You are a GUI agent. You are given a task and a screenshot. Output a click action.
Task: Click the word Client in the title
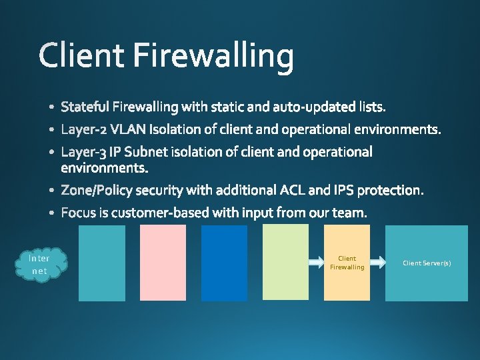click(81, 55)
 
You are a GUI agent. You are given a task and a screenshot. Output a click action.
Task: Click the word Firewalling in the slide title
click(213, 57)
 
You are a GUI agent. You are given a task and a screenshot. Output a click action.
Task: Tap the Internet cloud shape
click(40, 264)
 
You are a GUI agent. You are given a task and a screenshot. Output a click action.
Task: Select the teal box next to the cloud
click(102, 263)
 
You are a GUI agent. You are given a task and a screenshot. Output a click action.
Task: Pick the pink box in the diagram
click(163, 263)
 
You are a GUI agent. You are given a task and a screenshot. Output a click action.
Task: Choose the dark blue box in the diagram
click(224, 263)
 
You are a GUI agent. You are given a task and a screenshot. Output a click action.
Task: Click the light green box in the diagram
click(286, 263)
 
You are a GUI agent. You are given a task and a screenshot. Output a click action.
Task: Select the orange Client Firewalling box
click(347, 263)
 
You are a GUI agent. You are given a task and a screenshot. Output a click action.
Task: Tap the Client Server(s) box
click(427, 263)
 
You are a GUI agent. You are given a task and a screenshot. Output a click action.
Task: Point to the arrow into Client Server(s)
click(378, 263)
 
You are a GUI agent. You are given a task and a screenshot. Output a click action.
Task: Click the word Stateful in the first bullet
click(85, 107)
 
